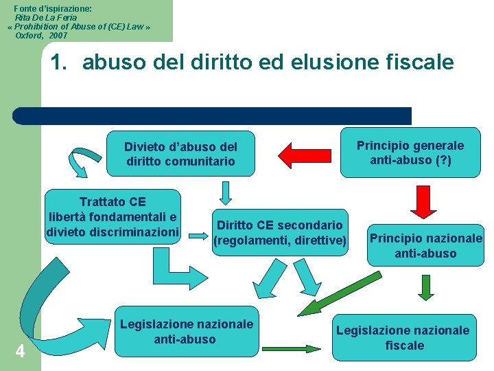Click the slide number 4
(x=20, y=352)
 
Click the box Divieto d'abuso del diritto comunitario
(x=180, y=154)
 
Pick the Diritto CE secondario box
(x=280, y=232)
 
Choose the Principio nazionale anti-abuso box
(x=425, y=246)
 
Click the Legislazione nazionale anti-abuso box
(x=186, y=331)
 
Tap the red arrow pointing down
(x=424, y=202)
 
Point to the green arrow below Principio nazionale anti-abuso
(x=425, y=288)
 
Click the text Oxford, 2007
(x=41, y=34)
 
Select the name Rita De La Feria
(x=46, y=17)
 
